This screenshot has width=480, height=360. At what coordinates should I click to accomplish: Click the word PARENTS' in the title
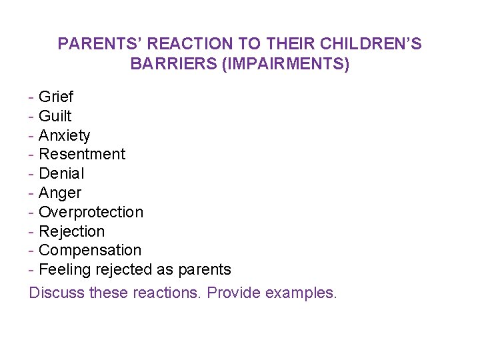[x=99, y=45]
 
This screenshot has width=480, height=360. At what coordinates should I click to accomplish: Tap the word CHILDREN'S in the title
[x=371, y=45]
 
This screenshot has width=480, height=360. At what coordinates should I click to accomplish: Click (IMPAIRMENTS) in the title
[x=283, y=65]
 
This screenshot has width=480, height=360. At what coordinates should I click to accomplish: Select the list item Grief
[x=56, y=97]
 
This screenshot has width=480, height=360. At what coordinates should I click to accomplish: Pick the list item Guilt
[x=55, y=116]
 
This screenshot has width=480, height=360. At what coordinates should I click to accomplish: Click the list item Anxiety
[x=64, y=135]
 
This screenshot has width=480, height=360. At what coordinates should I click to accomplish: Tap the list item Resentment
[x=82, y=154]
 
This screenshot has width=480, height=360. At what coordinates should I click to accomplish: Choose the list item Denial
[x=61, y=173]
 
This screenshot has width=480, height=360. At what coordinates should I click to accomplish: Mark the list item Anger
[x=60, y=193]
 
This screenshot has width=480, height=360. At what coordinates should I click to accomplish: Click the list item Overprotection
[x=91, y=212]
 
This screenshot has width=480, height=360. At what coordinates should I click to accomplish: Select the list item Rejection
[x=71, y=231]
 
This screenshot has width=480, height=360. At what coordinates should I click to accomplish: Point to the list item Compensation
[x=90, y=250]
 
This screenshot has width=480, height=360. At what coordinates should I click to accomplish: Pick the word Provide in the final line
[x=233, y=293]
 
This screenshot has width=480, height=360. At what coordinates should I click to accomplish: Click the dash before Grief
[x=31, y=97]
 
